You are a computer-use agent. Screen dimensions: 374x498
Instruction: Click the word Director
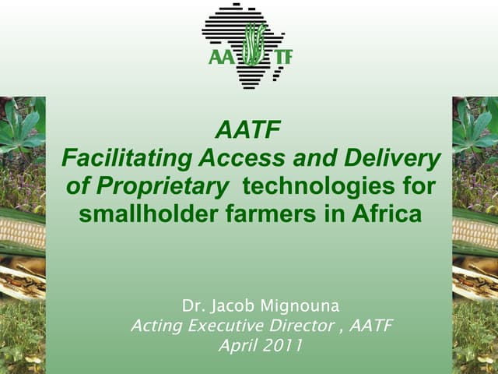[x=303, y=325]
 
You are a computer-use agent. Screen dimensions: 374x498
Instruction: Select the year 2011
[x=279, y=345]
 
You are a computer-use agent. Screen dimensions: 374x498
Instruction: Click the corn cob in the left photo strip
[x=22, y=232]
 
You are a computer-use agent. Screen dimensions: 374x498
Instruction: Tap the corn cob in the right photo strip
[x=475, y=232]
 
